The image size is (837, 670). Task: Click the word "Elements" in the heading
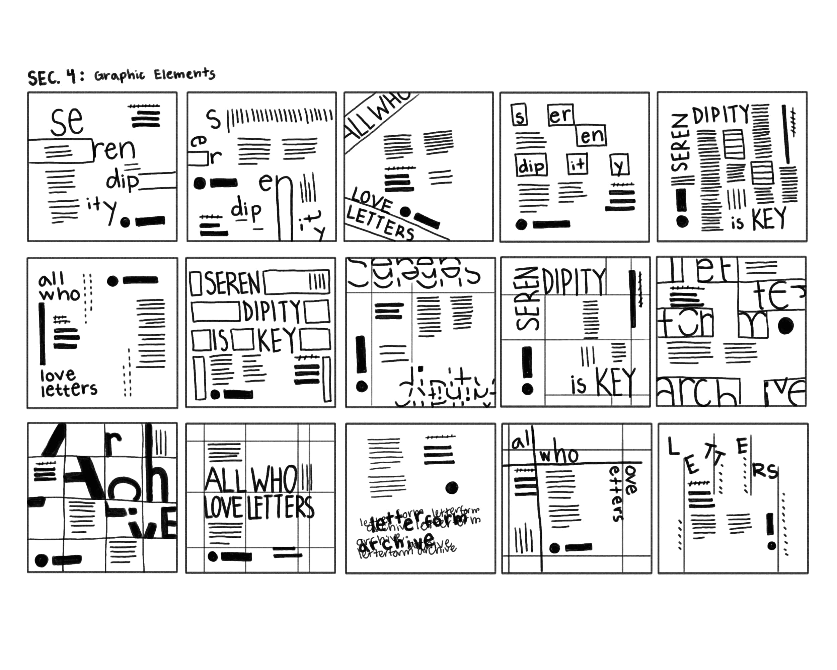(184, 73)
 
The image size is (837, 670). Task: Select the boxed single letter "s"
(519, 115)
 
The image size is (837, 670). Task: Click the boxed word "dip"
(531, 166)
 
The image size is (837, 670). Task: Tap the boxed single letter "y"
(619, 165)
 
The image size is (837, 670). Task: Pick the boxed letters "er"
(560, 115)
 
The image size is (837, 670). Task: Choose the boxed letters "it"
(577, 164)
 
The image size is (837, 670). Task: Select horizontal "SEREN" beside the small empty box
(232, 283)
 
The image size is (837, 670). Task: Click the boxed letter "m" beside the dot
(752, 324)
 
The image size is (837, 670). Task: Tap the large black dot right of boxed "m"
(785, 325)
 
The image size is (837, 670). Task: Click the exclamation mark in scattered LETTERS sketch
(771, 531)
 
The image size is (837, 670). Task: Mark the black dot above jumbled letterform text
(452, 487)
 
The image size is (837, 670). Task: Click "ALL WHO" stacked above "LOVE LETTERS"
(250, 480)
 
